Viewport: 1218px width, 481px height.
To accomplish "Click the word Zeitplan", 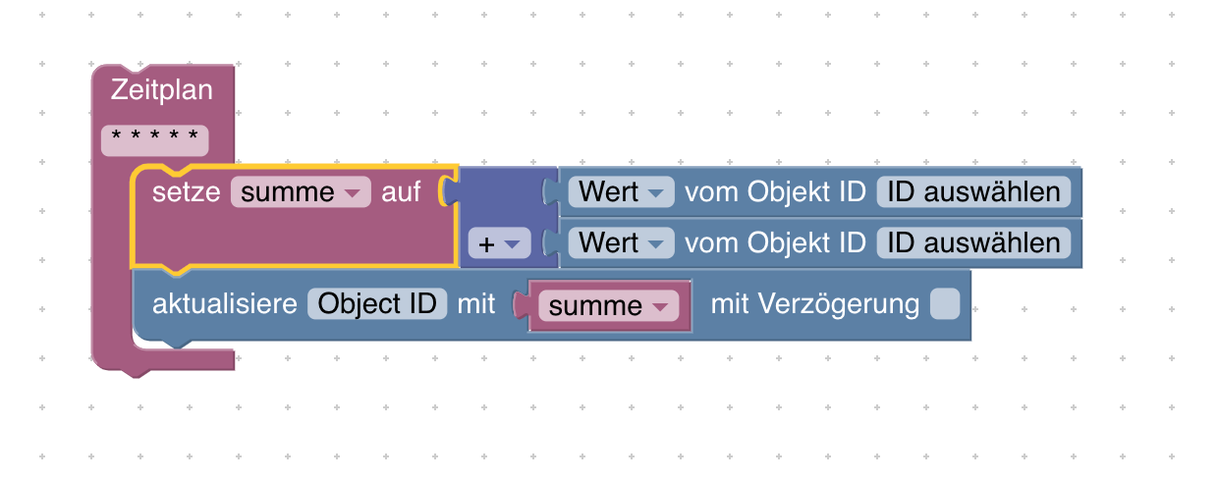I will pyautogui.click(x=162, y=90).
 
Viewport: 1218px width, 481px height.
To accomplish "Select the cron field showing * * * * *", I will pyautogui.click(x=155, y=139).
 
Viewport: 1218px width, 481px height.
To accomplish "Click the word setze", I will pyautogui.click(x=187, y=192).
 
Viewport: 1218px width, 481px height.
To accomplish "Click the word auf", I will pyautogui.click(x=401, y=192).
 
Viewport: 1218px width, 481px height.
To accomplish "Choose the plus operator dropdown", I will pyautogui.click(x=499, y=243).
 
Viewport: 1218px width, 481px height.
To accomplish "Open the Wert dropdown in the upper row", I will pyautogui.click(x=621, y=191).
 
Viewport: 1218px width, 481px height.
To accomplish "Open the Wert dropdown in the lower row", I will pyautogui.click(x=621, y=242).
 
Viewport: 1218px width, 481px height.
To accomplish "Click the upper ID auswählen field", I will pyautogui.click(x=973, y=191).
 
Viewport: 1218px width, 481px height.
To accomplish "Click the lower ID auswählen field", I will pyautogui.click(x=973, y=242).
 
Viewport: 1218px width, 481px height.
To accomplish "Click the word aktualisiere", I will pyautogui.click(x=224, y=304).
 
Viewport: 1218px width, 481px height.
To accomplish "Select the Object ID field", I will pyautogui.click(x=378, y=304).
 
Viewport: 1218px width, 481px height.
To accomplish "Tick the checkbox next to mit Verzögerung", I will pyautogui.click(x=945, y=304).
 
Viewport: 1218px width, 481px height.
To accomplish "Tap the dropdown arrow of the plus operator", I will pyautogui.click(x=511, y=243).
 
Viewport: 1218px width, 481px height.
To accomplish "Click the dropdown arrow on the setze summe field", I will pyautogui.click(x=352, y=193).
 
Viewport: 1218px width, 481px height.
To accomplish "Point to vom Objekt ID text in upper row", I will pyautogui.click(x=775, y=191).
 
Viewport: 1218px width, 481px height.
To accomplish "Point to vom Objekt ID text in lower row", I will pyautogui.click(x=775, y=242).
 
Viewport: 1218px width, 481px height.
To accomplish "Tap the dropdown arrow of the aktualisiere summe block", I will pyautogui.click(x=659, y=307).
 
